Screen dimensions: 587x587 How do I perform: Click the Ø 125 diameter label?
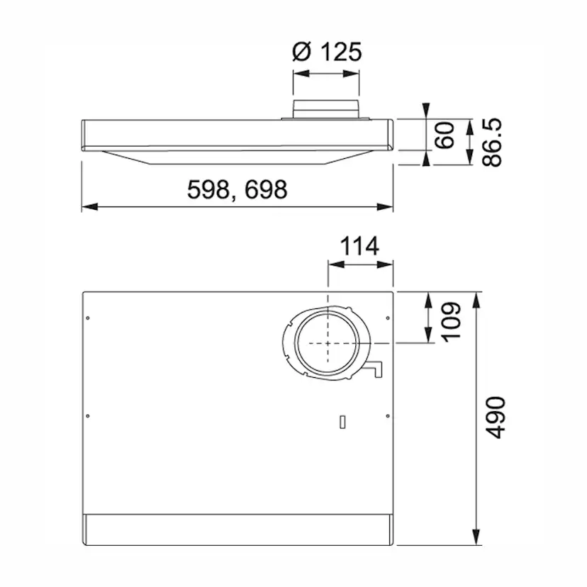point(327,52)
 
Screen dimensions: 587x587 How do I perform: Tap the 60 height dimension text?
point(445,135)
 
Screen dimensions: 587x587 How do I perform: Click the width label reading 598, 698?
point(237,189)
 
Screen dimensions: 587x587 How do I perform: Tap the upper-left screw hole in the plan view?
point(87,318)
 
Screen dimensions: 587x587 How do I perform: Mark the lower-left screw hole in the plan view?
point(87,415)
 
